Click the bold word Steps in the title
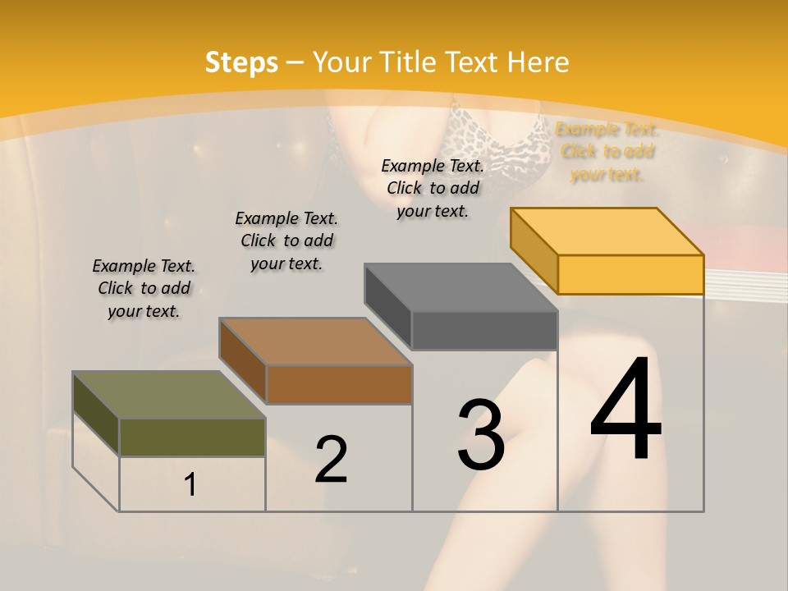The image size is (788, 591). (x=241, y=62)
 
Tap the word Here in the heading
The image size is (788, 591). (x=538, y=62)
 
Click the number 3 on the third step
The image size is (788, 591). (x=481, y=434)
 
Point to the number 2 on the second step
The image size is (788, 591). (x=331, y=459)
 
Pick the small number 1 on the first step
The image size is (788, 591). (x=190, y=485)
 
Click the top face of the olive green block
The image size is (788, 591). (x=169, y=395)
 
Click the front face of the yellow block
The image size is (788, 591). (x=630, y=274)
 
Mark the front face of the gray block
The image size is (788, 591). (x=484, y=330)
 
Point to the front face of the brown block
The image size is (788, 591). (x=339, y=384)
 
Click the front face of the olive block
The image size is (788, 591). (x=192, y=437)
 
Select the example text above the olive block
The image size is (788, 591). (x=144, y=288)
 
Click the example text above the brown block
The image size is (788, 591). (x=286, y=241)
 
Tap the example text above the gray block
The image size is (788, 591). (x=433, y=188)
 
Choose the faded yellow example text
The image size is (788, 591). (x=607, y=151)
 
